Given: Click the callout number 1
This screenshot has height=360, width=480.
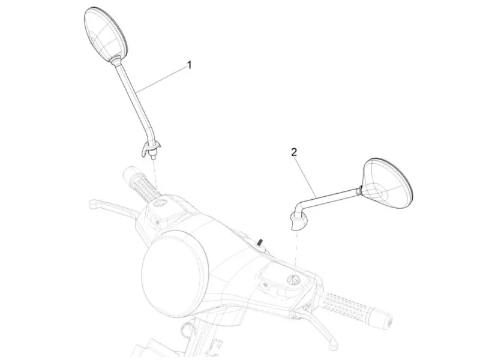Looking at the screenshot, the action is coord(190,65).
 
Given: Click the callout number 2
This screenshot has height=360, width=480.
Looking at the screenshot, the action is coord(294,152).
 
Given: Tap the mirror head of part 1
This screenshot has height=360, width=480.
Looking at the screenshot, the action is coord(105,34).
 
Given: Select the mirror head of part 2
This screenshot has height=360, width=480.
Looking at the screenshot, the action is coord(387,184).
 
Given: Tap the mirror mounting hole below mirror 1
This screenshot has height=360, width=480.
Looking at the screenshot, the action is coord(160,202).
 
